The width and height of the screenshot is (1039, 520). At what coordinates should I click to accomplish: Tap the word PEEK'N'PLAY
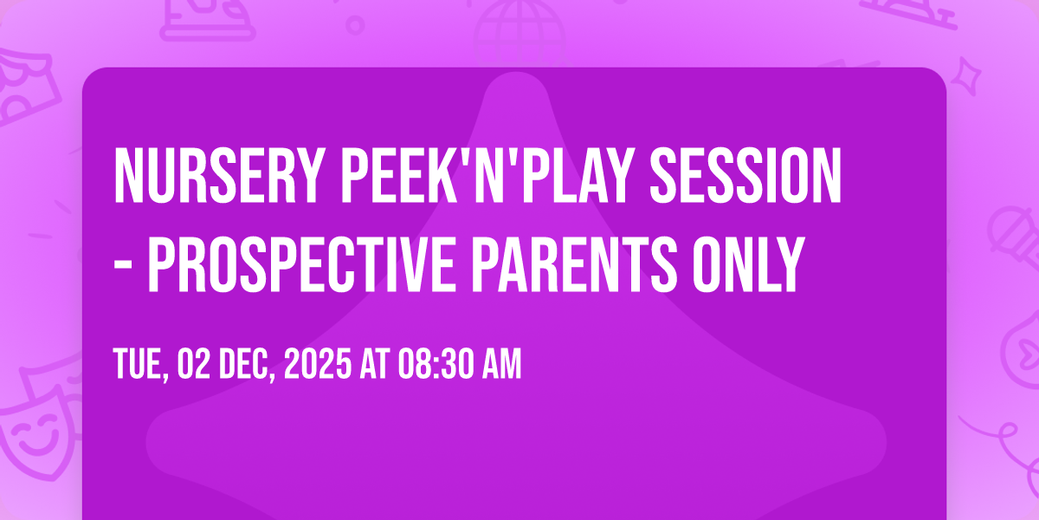coord(487,175)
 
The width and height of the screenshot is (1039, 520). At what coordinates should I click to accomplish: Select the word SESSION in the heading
coord(745,175)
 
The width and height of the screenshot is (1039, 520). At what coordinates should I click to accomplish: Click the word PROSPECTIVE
coord(301,264)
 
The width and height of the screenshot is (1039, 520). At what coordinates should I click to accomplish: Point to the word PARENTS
coord(574,264)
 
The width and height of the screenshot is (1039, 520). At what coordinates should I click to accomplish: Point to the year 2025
coord(318,364)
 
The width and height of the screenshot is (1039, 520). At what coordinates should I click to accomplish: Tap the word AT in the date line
coord(374,364)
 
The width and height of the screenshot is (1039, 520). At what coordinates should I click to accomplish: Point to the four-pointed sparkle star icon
coord(966,76)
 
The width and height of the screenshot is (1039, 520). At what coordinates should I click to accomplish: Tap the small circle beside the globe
coord(355,25)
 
